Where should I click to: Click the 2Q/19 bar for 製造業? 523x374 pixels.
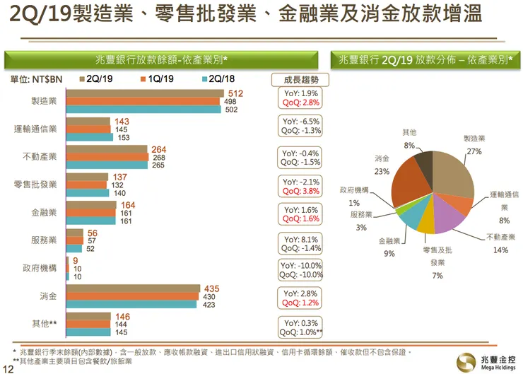(x=146, y=94)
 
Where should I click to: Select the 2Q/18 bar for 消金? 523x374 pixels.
(x=131, y=305)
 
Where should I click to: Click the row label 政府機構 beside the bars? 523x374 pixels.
(x=40, y=269)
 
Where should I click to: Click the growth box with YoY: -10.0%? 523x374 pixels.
(x=301, y=270)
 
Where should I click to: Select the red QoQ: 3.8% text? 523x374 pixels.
(x=301, y=192)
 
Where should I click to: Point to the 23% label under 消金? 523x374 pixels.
(x=382, y=171)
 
